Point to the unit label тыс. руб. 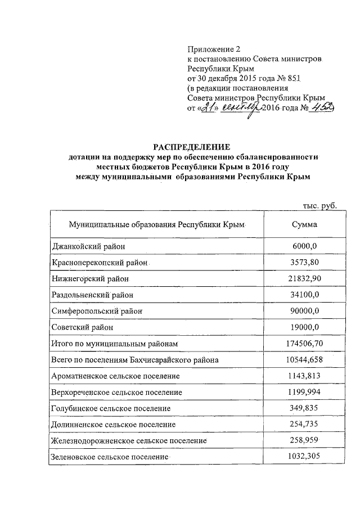coord(319,206)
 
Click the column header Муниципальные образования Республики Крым coord(158,224)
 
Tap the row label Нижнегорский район coord(89,278)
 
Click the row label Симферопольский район coord(96,310)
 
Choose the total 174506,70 coord(303,343)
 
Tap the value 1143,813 coord(303,375)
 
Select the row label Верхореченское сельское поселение coord(116,391)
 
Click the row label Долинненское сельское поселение coord(113,424)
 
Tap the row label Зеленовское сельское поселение coord(110,457)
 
